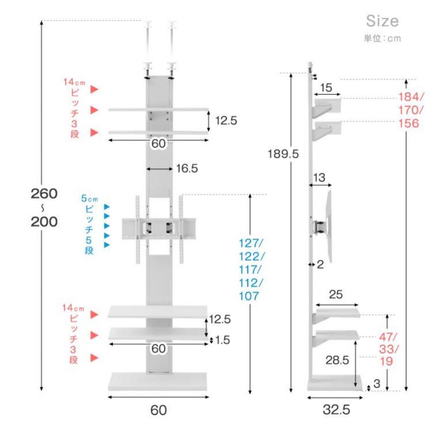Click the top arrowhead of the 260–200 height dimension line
41,23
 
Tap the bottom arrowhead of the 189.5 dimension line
291,390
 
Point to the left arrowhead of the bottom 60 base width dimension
110,397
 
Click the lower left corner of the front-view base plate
109,390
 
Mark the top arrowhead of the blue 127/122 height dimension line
250,196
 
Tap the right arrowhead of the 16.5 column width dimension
170,169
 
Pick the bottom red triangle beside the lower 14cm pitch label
94,357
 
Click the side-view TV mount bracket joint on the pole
319,227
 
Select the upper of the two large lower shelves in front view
158,312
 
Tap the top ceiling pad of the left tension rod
148,24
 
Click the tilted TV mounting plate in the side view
329,226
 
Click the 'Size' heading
382,21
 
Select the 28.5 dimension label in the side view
337,360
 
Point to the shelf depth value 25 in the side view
336,294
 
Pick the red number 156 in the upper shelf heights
409,124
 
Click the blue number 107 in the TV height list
249,296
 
